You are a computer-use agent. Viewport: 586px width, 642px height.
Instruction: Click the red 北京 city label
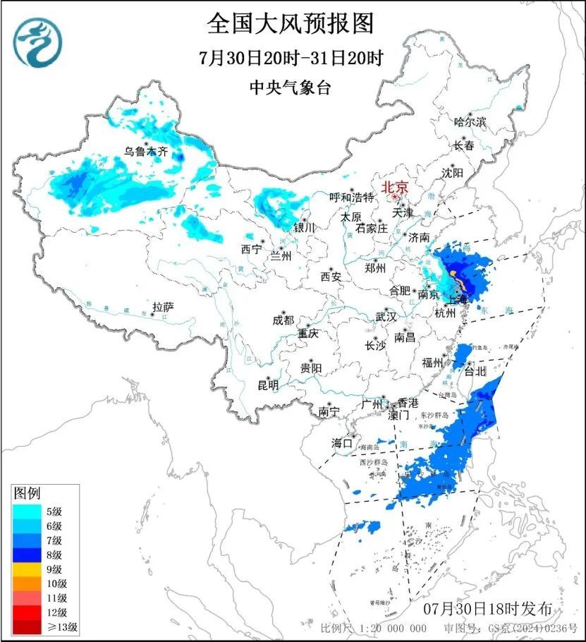[x=395, y=188]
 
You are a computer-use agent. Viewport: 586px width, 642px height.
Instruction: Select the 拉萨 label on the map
[x=163, y=307]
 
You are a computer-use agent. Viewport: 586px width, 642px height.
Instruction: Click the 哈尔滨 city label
[x=470, y=121]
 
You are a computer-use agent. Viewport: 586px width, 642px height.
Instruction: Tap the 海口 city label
[x=342, y=443]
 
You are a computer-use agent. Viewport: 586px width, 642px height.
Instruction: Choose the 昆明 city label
[x=268, y=384]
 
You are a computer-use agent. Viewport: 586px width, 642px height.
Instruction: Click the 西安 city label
[x=331, y=277]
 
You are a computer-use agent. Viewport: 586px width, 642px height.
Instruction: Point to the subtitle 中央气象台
[x=290, y=87]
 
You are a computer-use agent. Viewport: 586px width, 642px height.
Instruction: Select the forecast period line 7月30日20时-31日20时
[x=290, y=58]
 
